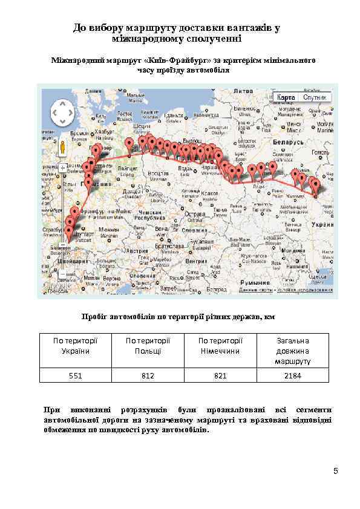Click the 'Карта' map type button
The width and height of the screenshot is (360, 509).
click(x=286, y=97)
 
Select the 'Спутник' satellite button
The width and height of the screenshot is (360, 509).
click(x=315, y=97)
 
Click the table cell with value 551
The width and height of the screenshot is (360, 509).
click(x=76, y=375)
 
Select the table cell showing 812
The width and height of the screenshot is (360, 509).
click(x=148, y=375)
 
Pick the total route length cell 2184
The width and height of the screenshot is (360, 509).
click(x=293, y=375)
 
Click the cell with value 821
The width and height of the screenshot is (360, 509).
click(x=220, y=375)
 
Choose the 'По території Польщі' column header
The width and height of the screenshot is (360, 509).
click(x=148, y=346)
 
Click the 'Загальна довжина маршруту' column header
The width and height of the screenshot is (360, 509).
click(x=293, y=351)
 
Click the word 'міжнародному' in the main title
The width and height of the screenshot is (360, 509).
click(x=149, y=39)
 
